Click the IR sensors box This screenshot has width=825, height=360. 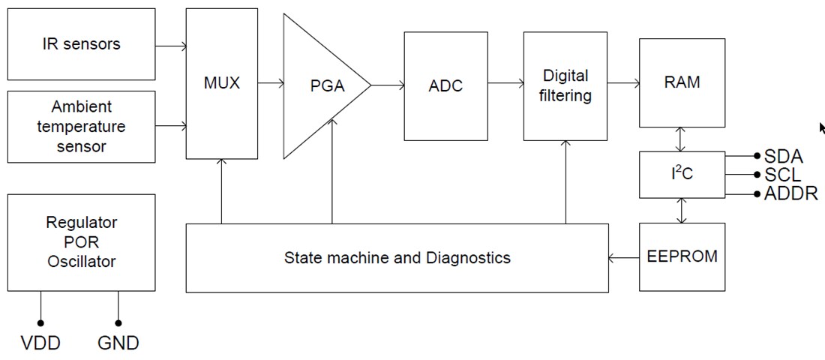coord(81,43)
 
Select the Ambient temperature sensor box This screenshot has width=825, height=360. coord(81,126)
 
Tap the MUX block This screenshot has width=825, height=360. coord(221,83)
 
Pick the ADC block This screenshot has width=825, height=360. coord(445,85)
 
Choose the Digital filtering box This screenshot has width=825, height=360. coord(565,85)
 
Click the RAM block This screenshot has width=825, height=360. coord(682,82)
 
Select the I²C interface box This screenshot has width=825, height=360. coord(682,175)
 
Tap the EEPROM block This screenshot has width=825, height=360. coord(682,256)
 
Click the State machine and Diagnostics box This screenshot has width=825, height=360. coord(397,258)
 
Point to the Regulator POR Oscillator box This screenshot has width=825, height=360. coord(81,242)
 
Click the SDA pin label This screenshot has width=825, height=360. coord(783,157)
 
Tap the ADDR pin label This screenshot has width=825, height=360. coord(788,194)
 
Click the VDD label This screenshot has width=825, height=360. coord(40,343)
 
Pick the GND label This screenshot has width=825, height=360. coord(118,343)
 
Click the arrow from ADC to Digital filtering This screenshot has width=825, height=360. coord(505,85)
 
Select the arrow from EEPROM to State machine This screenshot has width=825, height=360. coord(623,258)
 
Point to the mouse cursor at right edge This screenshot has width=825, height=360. coord(822,128)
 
